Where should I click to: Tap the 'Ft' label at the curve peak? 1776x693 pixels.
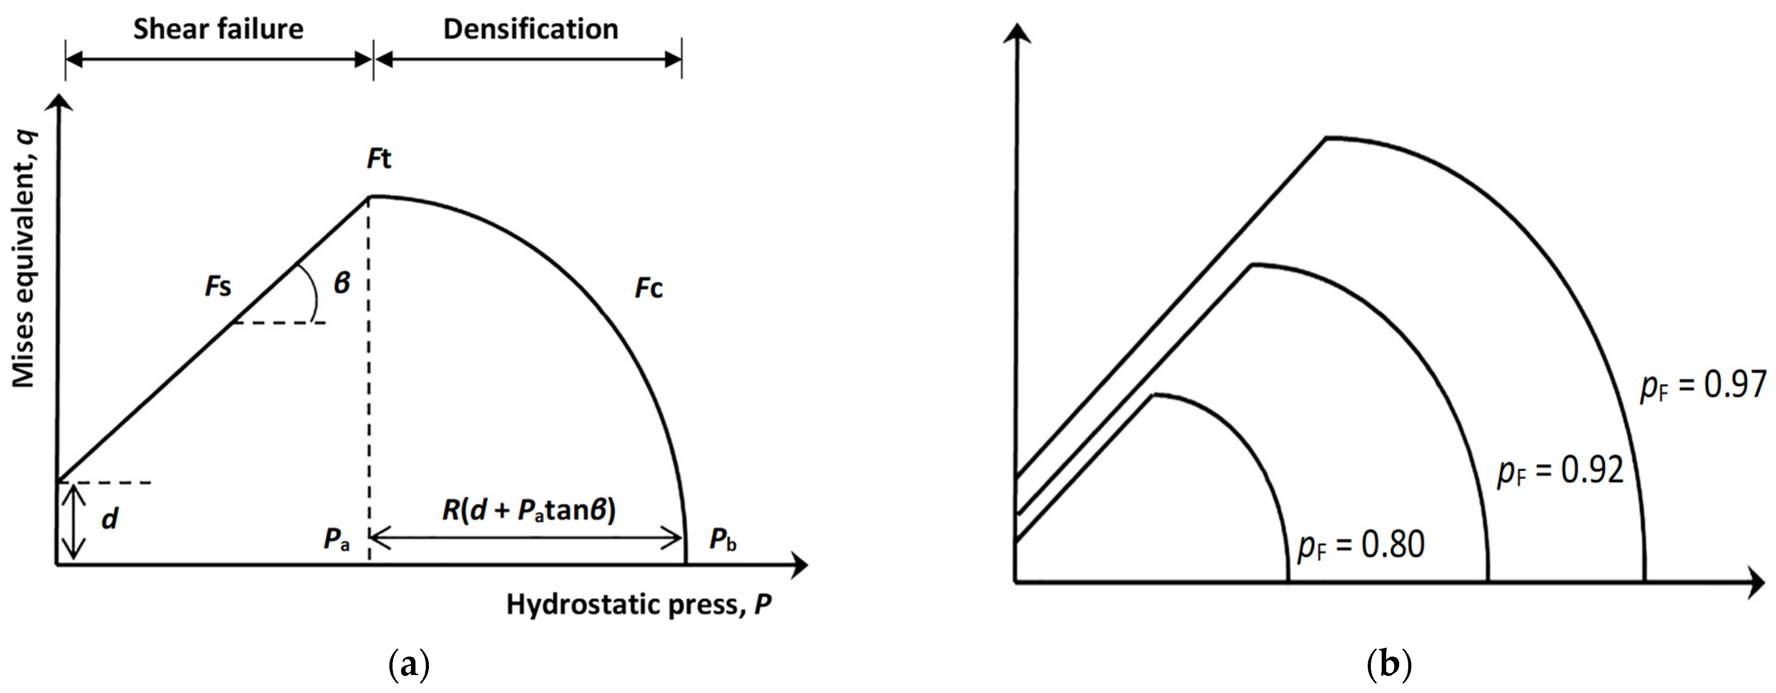(x=379, y=159)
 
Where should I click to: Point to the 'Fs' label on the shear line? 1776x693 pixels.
(x=218, y=286)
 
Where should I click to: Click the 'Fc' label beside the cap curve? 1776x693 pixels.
(x=648, y=288)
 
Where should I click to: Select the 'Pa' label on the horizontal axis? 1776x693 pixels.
(x=336, y=539)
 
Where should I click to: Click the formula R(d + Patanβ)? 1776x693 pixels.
(x=529, y=511)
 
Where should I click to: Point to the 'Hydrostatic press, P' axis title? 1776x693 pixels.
(x=638, y=604)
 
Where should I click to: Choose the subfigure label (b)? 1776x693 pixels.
(x=1388, y=666)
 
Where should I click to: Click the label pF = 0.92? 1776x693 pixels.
(x=1560, y=471)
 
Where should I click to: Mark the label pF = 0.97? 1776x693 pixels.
(x=1703, y=386)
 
